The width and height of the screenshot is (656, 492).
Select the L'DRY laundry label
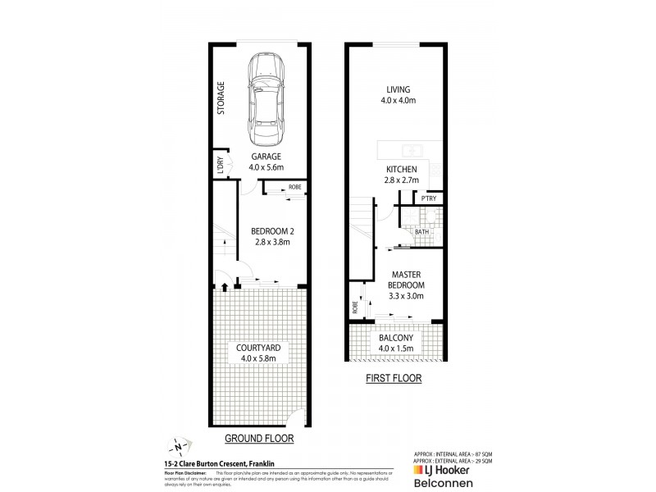220,165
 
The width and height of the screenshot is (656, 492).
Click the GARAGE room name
266,157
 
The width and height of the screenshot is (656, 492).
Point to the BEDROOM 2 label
272,230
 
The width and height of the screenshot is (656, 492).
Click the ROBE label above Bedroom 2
294,187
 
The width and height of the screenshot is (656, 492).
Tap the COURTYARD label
258,346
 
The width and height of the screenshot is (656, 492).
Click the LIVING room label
398,89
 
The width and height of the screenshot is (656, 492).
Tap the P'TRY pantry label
427,199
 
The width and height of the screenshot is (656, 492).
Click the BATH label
421,232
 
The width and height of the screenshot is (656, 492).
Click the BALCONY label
396,338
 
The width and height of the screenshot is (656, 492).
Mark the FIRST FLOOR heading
394,379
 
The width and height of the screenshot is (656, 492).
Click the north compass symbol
177,448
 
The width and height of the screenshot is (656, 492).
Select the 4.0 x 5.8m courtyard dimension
258,358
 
